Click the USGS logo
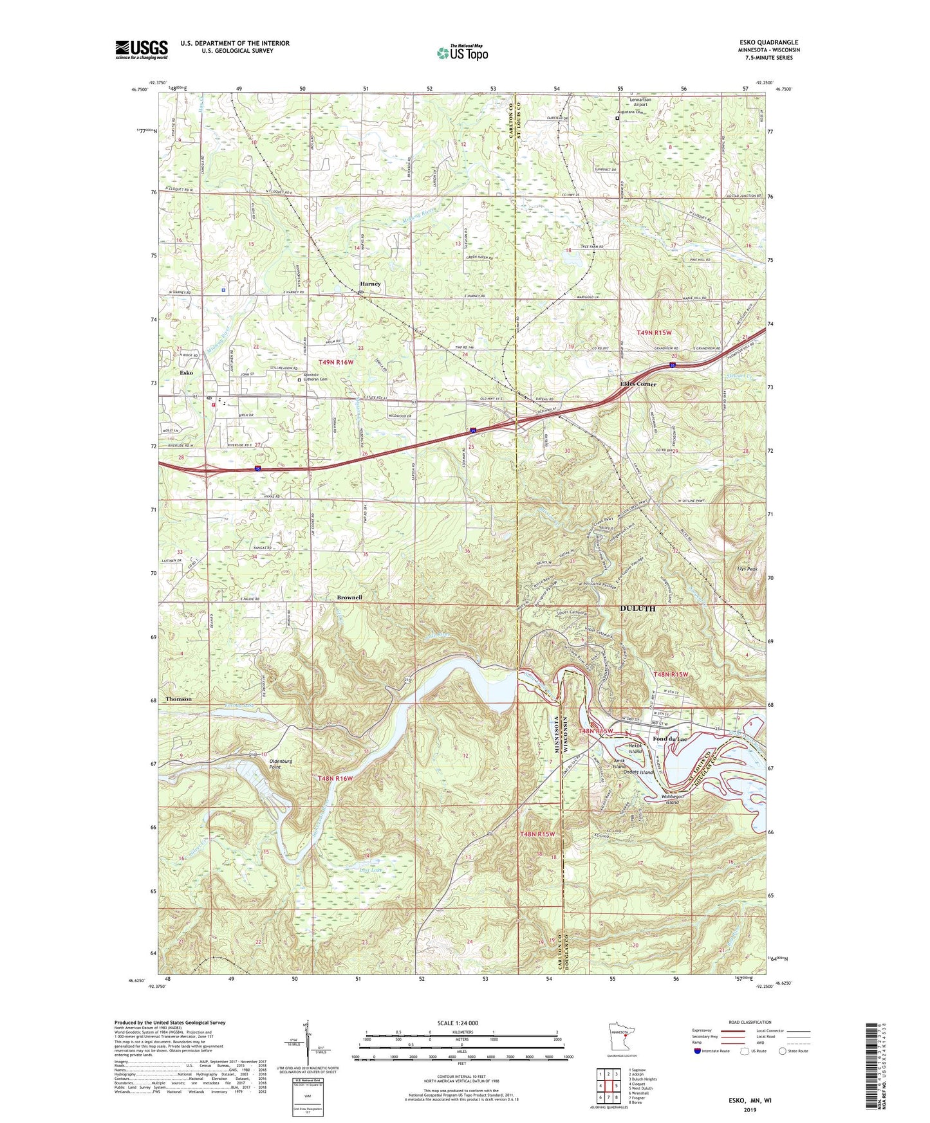point(142,50)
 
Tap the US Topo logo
point(461,53)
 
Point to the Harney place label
point(370,284)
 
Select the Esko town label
point(186,373)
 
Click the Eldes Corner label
point(638,384)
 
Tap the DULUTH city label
point(637,608)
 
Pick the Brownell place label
point(349,598)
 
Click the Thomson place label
point(178,699)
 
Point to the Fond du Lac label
point(670,739)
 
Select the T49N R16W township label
point(336,362)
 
